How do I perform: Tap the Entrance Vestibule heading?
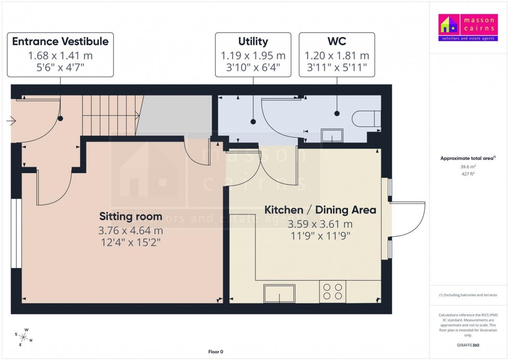tap(60, 42)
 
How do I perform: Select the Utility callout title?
tap(253, 42)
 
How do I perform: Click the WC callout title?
tap(337, 42)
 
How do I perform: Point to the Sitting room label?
tap(130, 216)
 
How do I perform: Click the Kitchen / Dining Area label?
tap(320, 210)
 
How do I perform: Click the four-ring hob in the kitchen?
tap(333, 291)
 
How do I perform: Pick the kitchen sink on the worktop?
tap(279, 294)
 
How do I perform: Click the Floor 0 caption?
tap(216, 352)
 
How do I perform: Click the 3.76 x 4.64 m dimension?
tap(130, 231)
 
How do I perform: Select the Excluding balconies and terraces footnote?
tap(468, 295)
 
